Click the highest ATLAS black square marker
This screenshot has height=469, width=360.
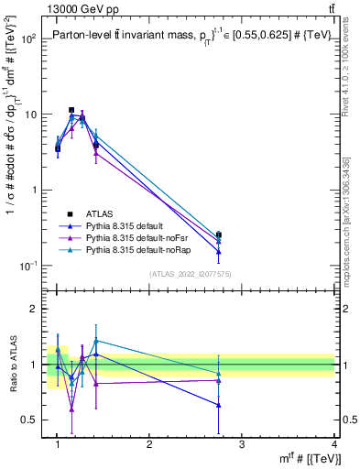[71, 110]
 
